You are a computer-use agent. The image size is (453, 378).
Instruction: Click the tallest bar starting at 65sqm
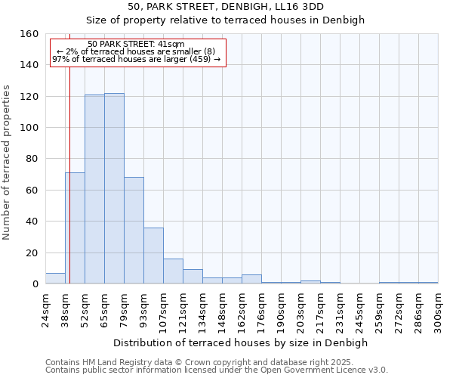(114, 189)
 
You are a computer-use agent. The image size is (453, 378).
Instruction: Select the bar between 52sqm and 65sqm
(94, 190)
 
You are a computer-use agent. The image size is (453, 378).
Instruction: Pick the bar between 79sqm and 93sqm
(134, 231)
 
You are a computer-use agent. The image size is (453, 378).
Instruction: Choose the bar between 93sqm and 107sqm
(153, 256)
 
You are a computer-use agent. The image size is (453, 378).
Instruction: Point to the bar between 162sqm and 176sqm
(251, 279)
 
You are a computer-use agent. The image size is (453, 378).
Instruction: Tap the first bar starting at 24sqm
(55, 278)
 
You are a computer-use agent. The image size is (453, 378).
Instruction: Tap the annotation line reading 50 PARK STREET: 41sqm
(136, 45)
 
